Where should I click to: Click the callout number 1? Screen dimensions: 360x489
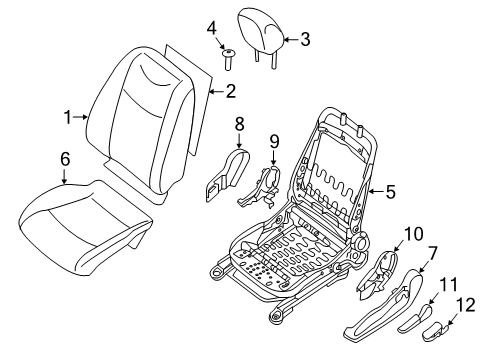69,117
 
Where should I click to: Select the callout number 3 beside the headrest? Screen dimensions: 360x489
305,39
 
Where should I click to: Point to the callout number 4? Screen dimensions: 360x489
211,27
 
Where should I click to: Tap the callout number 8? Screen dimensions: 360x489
239,123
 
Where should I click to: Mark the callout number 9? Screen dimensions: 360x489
274,141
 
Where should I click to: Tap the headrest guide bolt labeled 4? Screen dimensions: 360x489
229,59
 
